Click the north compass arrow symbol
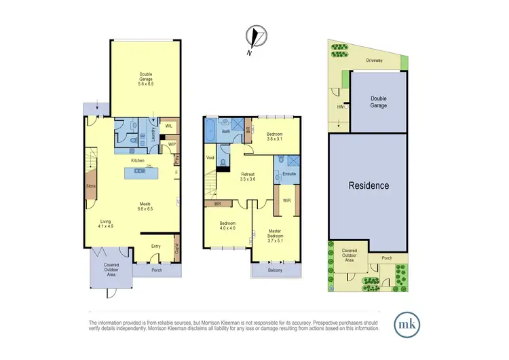pyautogui.click(x=255, y=37)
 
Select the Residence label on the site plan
pyautogui.click(x=369, y=185)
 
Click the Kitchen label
pyautogui.click(x=138, y=161)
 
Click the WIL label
pyautogui.click(x=169, y=126)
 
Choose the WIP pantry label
pyautogui.click(x=172, y=144)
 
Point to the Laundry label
pyautogui.click(x=154, y=130)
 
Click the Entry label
pyautogui.click(x=155, y=247)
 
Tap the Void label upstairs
pyautogui.click(x=210, y=158)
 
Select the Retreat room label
pyautogui.click(x=248, y=175)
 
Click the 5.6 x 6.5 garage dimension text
pyautogui.click(x=147, y=83)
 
